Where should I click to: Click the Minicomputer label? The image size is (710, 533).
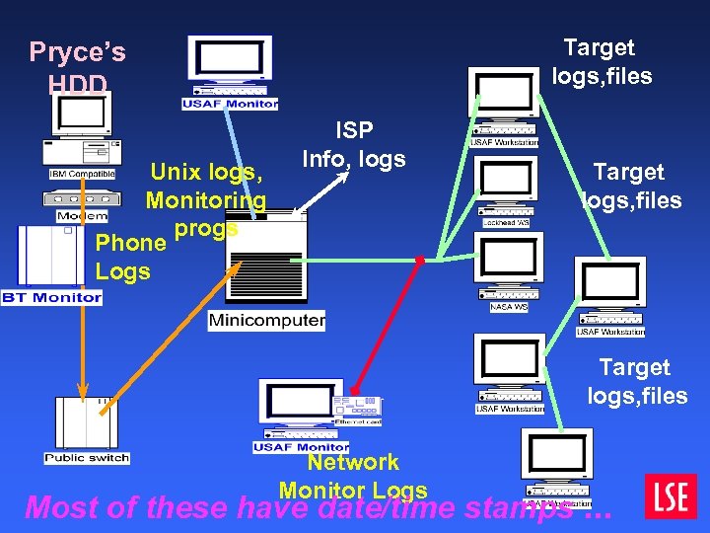pos(267,321)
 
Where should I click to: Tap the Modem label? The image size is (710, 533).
pos(83,216)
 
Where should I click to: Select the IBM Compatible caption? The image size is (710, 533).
pos(83,174)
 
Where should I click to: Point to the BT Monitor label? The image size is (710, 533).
pos(52,297)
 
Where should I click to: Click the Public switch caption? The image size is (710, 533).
pos(87,458)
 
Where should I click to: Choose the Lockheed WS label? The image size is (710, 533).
pos(508,223)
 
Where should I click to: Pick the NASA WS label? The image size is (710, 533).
pos(509,307)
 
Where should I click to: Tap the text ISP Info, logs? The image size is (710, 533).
pos(353,144)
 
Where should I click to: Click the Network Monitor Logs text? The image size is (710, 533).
pos(353,476)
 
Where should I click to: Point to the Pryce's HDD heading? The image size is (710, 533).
pos(78,66)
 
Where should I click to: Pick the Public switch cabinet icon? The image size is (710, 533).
pos(87,422)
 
